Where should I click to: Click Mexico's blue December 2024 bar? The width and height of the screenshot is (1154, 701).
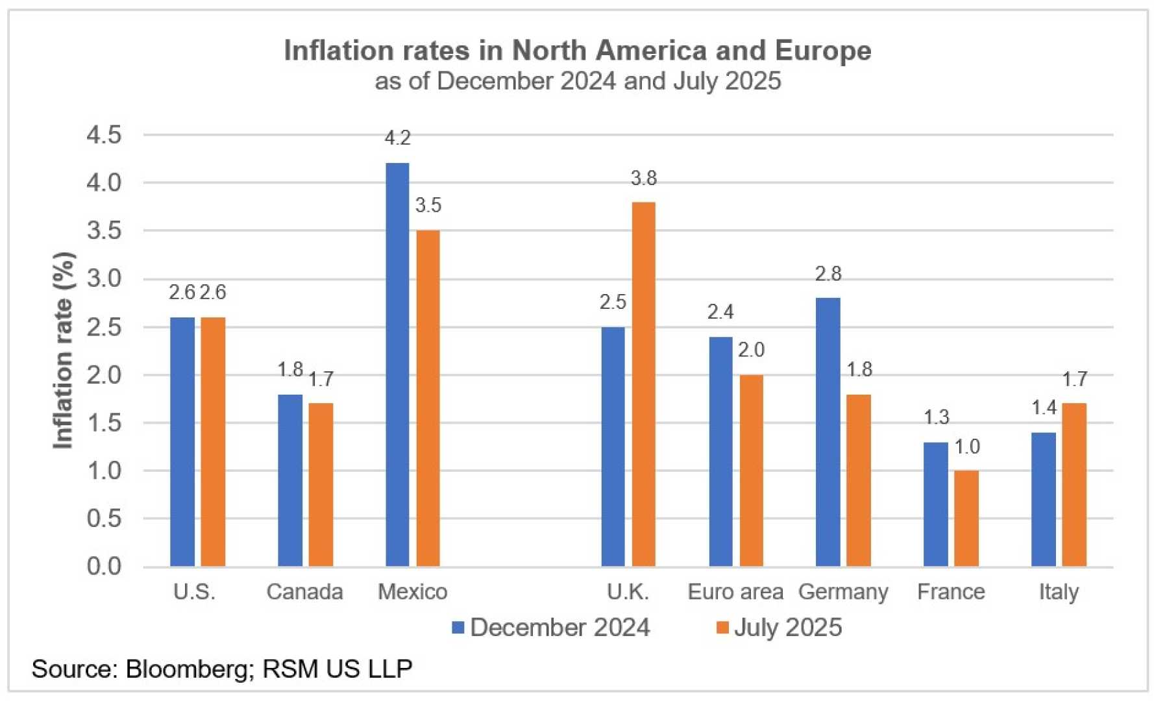(397, 363)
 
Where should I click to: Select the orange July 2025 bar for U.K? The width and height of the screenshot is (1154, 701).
(643, 383)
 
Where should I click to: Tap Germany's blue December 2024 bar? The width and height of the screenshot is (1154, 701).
(828, 432)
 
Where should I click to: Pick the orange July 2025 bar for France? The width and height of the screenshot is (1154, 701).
(966, 518)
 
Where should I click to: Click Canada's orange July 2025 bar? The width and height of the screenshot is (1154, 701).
(321, 484)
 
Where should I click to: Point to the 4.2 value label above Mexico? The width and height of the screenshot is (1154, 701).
(397, 138)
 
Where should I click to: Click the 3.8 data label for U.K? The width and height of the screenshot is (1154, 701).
(643, 178)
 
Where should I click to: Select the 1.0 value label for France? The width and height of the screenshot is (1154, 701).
(966, 447)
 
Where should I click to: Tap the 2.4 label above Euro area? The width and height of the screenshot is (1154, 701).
(720, 312)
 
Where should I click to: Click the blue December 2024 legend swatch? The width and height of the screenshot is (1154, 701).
(458, 628)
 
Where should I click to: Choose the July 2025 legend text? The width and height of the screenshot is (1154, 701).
(788, 628)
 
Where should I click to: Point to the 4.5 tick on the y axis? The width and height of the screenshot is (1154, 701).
(104, 135)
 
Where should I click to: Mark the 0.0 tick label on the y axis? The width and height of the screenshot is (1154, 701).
(104, 566)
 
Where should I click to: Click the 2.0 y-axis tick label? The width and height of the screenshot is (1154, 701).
(104, 375)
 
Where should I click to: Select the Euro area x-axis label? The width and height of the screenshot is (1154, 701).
(735, 592)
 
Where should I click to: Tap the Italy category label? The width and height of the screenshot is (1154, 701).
(1059, 592)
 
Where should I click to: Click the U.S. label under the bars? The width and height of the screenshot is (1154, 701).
(194, 592)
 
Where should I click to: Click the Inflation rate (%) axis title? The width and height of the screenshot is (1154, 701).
(63, 350)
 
